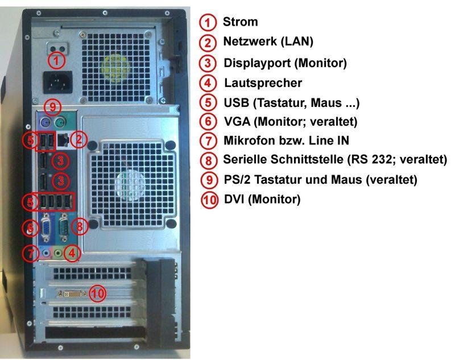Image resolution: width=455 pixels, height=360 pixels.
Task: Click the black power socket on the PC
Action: click(58, 82)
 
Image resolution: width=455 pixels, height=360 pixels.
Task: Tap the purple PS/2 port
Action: click(45, 122)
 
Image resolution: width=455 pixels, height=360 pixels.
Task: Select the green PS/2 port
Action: click(60, 122)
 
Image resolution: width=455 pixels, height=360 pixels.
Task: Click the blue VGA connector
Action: click(46, 227)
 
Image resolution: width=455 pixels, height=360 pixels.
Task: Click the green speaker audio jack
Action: click(59, 254)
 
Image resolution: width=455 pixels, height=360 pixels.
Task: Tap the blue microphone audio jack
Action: click(46, 253)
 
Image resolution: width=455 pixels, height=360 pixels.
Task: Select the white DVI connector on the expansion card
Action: click(72, 294)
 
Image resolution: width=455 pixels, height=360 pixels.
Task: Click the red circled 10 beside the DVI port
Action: click(97, 293)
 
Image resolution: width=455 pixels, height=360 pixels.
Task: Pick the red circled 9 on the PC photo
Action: click(52, 107)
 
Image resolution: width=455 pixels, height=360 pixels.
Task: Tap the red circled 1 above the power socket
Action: click(56, 61)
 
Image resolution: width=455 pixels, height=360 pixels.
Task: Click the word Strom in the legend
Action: click(240, 22)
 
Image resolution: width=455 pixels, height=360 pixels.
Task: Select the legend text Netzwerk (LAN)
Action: click(268, 42)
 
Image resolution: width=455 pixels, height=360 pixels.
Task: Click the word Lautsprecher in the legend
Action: click(263, 83)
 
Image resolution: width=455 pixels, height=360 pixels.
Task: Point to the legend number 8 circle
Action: click(209, 160)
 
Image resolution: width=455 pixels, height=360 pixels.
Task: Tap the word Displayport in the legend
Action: click(257, 63)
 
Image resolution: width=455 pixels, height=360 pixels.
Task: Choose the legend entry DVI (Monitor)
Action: click(262, 199)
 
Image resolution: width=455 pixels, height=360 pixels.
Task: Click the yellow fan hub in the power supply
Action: click(115, 67)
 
